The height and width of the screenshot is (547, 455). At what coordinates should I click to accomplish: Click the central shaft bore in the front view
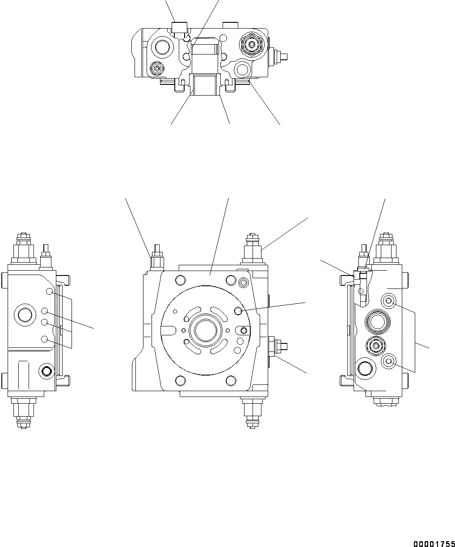(206, 331)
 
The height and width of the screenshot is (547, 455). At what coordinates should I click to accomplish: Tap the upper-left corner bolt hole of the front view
(180, 280)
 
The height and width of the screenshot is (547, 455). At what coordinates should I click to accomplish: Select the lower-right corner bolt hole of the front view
(231, 380)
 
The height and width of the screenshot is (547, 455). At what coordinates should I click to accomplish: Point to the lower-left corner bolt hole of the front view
(180, 380)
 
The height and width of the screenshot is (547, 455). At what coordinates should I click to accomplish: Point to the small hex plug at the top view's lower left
(156, 69)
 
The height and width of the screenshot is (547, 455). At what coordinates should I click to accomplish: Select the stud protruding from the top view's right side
(280, 56)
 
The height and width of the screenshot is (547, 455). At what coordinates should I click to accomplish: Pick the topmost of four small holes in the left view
(49, 292)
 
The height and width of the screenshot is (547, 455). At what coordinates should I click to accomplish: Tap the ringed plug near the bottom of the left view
(46, 370)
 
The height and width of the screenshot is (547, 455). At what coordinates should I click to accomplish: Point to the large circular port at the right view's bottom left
(365, 369)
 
